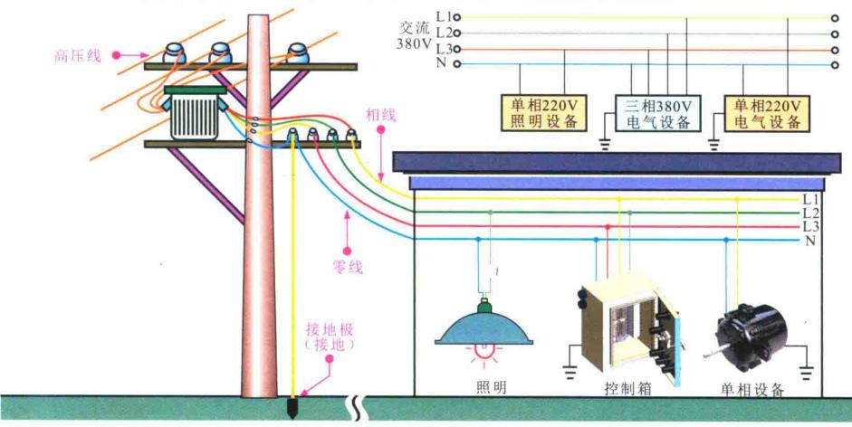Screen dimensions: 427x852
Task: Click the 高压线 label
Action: [x=77, y=56]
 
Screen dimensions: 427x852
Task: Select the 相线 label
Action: [x=381, y=114]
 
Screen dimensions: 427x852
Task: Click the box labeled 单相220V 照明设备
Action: [x=543, y=113]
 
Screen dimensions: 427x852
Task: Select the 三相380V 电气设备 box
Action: [x=658, y=113]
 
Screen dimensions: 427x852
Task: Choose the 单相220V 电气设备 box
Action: [x=768, y=113]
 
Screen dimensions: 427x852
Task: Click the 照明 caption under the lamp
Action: [x=491, y=388]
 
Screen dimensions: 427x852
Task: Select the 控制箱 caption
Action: [x=624, y=390]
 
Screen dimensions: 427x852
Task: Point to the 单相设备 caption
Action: [x=751, y=390]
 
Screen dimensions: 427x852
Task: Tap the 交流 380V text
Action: [x=414, y=34]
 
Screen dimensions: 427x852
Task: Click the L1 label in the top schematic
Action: [x=442, y=16]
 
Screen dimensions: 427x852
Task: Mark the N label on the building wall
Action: [x=809, y=241]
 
